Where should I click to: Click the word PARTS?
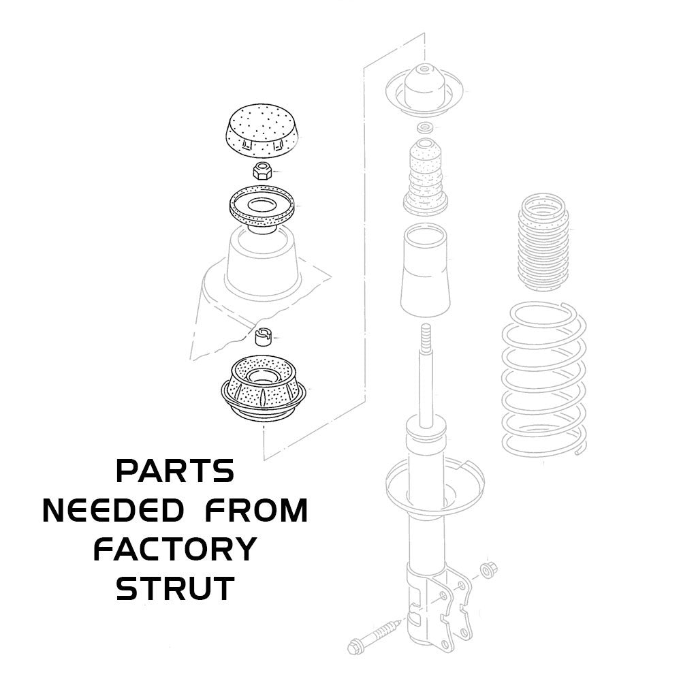pos(175,471)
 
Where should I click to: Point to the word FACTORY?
pos(175,549)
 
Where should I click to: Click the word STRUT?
pos(175,588)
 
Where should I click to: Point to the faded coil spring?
pos(541,378)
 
